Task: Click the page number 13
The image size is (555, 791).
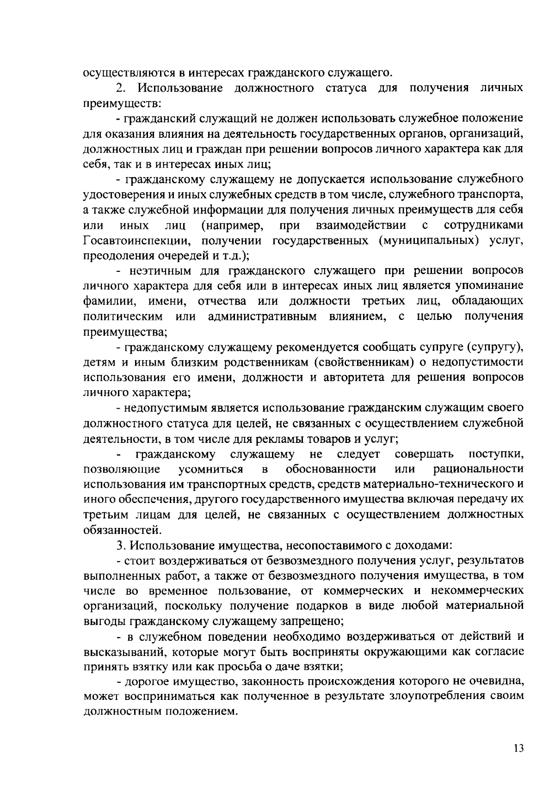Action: tap(518, 748)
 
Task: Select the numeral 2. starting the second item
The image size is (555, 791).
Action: tap(121, 88)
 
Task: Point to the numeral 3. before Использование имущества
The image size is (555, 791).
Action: tap(121, 546)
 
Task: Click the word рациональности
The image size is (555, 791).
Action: tap(478, 469)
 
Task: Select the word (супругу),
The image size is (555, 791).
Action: tap(494, 347)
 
